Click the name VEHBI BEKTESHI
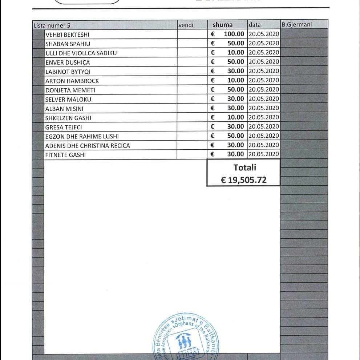click(67, 35)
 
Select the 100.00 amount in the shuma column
click(234, 34)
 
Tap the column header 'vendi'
click(186, 25)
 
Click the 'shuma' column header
click(222, 25)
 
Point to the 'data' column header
click(255, 25)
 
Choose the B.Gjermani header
click(296, 25)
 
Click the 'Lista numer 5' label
click(52, 25)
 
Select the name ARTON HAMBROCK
click(72, 81)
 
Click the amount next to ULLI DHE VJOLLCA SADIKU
click(236, 53)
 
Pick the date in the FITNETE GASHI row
click(264, 154)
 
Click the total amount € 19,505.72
click(244, 179)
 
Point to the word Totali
click(244, 167)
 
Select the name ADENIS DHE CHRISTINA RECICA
click(87, 146)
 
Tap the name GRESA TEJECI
click(64, 127)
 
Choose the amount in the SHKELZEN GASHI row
click(236, 117)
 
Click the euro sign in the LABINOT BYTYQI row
click(213, 71)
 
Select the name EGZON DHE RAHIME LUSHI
click(82, 136)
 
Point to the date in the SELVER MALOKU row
click(264, 99)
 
